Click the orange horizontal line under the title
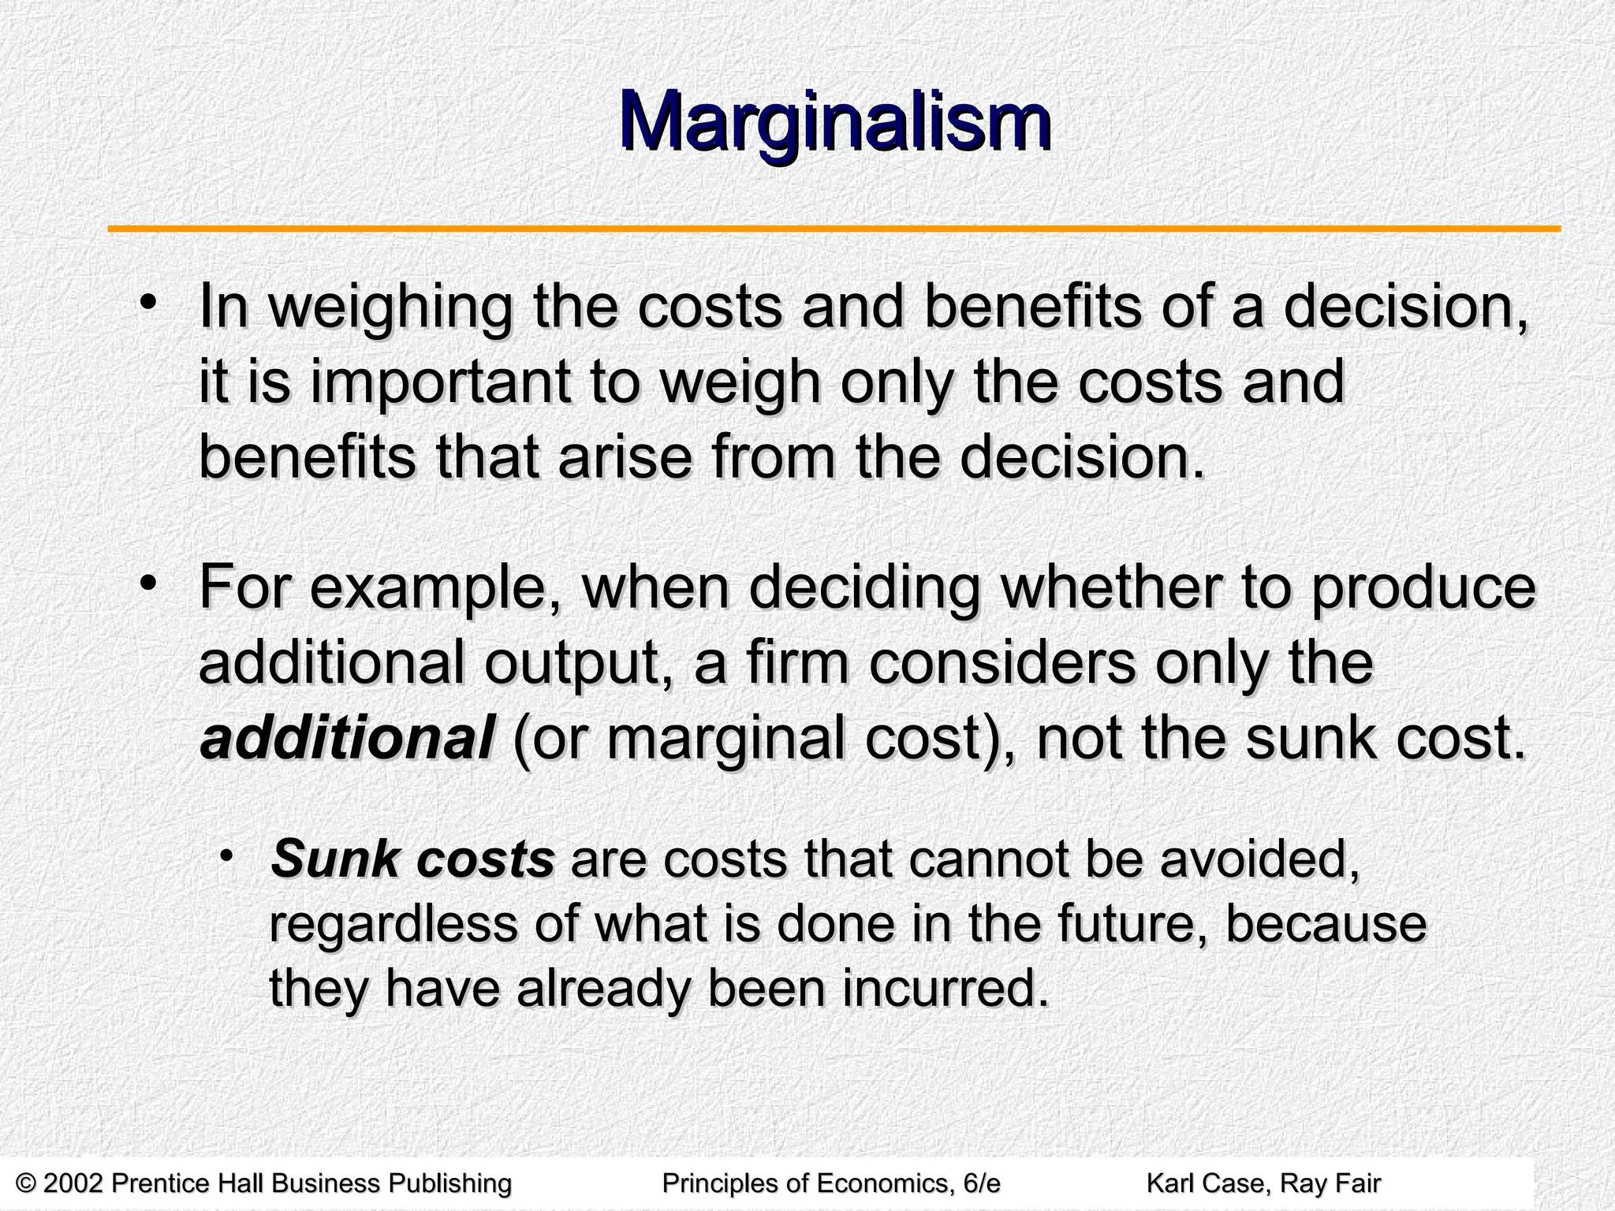[x=834, y=229]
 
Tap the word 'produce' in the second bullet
[x=1423, y=588]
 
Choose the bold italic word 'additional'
[x=347, y=739]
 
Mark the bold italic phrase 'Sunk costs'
[x=412, y=859]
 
